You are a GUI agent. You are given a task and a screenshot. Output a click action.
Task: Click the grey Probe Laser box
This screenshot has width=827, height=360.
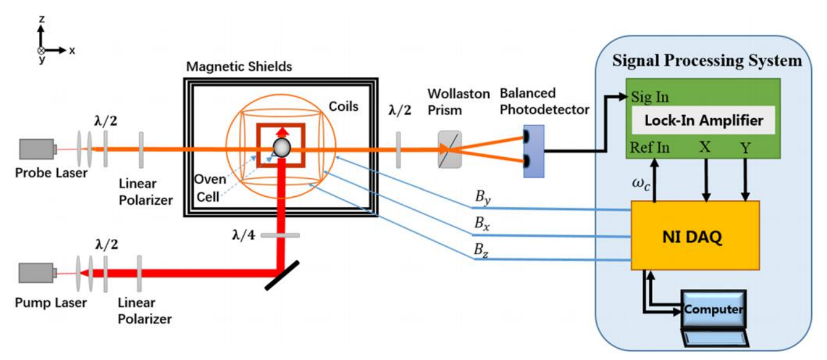(x=37, y=149)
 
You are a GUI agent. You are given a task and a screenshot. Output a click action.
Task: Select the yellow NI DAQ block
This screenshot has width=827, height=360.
(x=695, y=235)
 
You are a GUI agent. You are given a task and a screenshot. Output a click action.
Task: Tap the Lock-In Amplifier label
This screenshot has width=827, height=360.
(x=704, y=120)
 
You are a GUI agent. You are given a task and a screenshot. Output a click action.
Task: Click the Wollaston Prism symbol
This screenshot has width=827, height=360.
(x=450, y=149)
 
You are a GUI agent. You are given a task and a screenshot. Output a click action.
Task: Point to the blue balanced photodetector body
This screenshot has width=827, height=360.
(x=534, y=151)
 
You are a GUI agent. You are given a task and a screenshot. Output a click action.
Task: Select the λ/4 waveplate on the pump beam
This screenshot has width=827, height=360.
(x=280, y=235)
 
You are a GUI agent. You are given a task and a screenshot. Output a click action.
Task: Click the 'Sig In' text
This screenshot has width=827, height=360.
(x=650, y=96)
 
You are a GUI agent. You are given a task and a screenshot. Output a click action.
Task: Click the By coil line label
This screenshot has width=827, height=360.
(x=482, y=197)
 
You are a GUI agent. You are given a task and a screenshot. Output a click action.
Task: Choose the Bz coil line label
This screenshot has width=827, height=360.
(x=482, y=249)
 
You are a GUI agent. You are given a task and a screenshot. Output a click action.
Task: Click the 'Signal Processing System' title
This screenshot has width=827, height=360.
(x=707, y=61)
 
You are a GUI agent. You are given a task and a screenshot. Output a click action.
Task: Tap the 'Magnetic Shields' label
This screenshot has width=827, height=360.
(x=239, y=66)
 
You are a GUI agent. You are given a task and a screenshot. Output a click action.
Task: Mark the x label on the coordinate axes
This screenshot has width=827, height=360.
(x=72, y=51)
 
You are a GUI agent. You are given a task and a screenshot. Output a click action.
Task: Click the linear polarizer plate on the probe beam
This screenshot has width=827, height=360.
(x=141, y=149)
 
